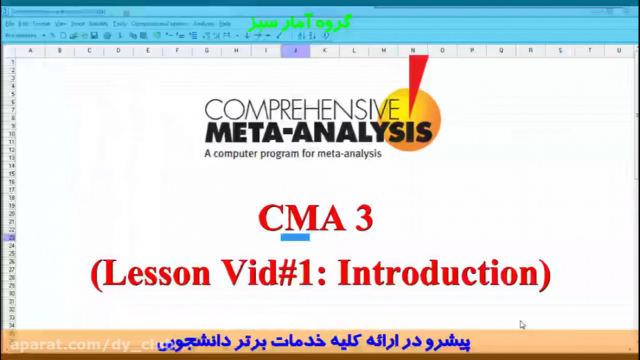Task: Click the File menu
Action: coord(10,23)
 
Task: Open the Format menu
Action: coord(41,23)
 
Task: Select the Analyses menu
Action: coord(204,23)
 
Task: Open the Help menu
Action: coord(225,23)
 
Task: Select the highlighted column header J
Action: coord(295,51)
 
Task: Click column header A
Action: coord(30,51)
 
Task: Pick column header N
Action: coord(412,51)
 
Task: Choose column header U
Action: coord(619,51)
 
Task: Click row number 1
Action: coord(12,62)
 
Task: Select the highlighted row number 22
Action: coord(12,238)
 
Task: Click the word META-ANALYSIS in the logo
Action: coord(318,132)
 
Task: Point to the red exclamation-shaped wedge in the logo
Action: coord(417,82)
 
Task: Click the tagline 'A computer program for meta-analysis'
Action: coord(292,153)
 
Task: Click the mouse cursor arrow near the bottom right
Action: coord(522,324)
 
